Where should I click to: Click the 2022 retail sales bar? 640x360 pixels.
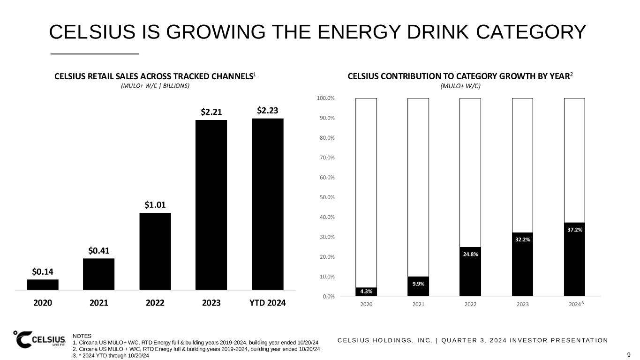click(x=155, y=251)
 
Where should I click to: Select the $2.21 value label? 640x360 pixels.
click(x=211, y=112)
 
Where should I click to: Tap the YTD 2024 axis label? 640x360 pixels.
click(x=267, y=303)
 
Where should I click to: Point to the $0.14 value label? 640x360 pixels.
click(x=42, y=271)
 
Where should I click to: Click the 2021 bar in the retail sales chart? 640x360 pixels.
click(x=98, y=274)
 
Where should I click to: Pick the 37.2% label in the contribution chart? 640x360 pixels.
click(x=574, y=230)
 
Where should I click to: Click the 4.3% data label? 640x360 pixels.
click(x=366, y=292)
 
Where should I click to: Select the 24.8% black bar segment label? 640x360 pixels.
click(x=470, y=255)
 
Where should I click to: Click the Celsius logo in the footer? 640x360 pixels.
click(x=40, y=339)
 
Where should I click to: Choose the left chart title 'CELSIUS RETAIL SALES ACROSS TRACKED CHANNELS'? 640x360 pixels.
click(x=153, y=76)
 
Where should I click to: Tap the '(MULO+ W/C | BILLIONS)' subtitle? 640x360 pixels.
click(x=155, y=86)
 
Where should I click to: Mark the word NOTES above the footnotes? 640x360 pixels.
click(x=82, y=336)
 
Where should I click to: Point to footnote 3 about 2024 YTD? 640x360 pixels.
click(x=111, y=356)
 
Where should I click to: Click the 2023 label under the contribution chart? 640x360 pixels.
click(x=522, y=304)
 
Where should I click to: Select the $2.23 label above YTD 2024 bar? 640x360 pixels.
click(x=268, y=111)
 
